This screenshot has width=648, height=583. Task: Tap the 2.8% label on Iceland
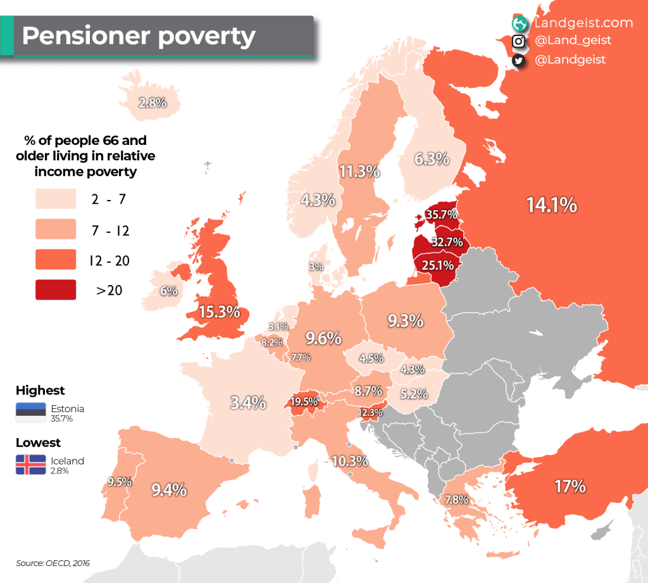coord(153,103)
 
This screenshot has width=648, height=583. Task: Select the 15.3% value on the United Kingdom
coord(220,311)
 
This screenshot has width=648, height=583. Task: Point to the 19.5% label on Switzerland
coord(304,401)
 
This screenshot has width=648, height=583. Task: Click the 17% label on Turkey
coord(570,487)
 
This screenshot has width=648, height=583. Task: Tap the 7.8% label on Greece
coord(456,499)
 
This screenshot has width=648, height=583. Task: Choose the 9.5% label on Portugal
coord(120,481)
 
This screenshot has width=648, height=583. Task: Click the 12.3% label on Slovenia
coord(370,413)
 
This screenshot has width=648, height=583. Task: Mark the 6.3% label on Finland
coord(432,159)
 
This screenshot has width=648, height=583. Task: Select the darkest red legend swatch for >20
coord(56,290)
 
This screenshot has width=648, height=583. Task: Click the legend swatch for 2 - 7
coord(56,198)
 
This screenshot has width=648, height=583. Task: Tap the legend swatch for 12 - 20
coord(56,260)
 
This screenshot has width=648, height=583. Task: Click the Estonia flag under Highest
coord(30,413)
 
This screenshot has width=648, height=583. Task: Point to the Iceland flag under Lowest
coord(30,465)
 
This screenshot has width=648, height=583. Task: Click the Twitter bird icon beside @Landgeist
coord(518,60)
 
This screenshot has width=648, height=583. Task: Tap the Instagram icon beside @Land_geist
coord(518,41)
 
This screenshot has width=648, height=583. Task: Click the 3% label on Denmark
coord(316,266)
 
